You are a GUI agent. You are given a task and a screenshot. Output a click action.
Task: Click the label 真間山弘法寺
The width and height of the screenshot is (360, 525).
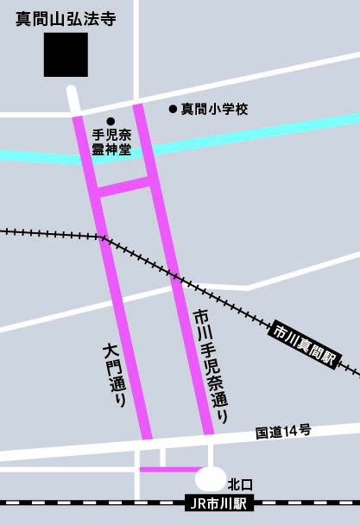pyautogui.click(x=66, y=18)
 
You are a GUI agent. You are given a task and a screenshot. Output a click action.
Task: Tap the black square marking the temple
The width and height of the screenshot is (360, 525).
pyautogui.click(x=66, y=54)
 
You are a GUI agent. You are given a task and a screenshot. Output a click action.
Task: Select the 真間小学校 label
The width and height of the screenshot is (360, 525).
pyautogui.click(x=214, y=109)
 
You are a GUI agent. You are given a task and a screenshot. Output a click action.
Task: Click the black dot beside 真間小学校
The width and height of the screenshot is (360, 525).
pyautogui.click(x=173, y=109)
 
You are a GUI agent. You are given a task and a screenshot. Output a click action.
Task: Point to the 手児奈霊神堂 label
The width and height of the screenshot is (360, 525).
pyautogui.click(x=111, y=142)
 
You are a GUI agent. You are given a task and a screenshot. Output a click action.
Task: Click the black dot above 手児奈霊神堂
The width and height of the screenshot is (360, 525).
pyautogui.click(x=111, y=121)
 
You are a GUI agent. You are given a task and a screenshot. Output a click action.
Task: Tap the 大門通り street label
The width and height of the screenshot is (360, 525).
pyautogui.click(x=115, y=376)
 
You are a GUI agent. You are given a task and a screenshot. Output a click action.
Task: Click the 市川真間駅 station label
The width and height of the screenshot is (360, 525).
pyautogui.click(x=305, y=345)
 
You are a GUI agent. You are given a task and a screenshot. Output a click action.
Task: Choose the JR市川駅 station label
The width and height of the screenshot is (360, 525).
pyautogui.click(x=219, y=502)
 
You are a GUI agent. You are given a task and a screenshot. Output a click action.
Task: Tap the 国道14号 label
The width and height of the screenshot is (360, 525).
pyautogui.click(x=282, y=431)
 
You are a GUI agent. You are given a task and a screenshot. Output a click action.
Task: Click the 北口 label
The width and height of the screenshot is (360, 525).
pyautogui.click(x=239, y=484)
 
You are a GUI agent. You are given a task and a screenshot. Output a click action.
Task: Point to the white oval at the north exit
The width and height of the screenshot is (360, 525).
pyautogui.click(x=212, y=478)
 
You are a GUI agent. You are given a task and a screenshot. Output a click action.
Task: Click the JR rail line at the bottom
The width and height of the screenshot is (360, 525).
pyautogui.click(x=86, y=502)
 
